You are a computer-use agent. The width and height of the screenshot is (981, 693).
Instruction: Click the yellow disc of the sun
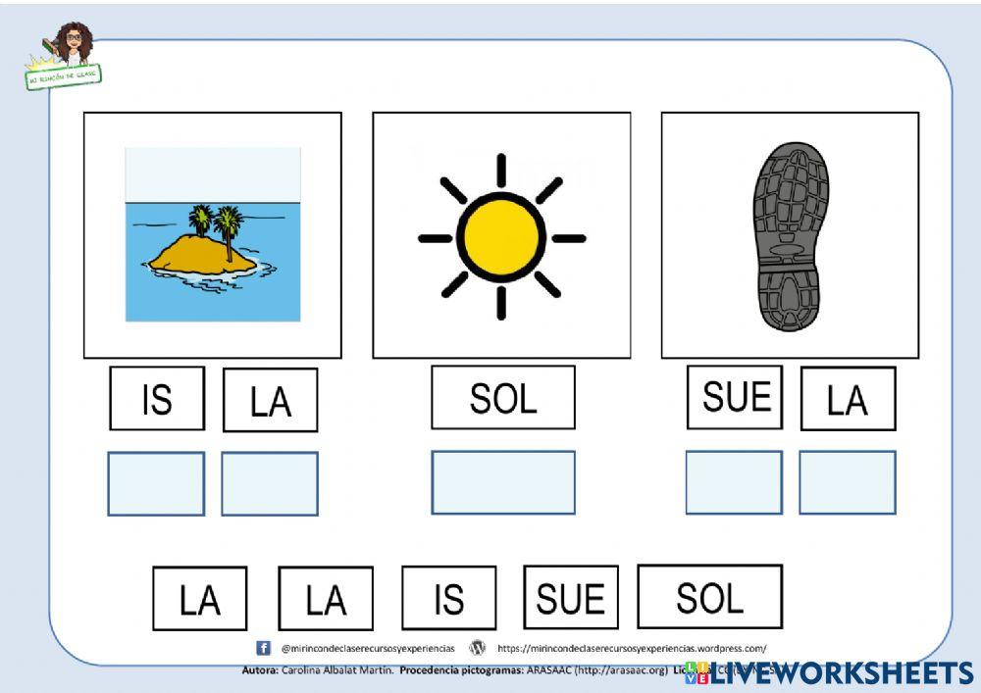click(500, 237)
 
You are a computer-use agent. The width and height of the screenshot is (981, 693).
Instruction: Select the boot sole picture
click(791, 236)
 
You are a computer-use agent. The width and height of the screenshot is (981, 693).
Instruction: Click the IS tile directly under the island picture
click(157, 398)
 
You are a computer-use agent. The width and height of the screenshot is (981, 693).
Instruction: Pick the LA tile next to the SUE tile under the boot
click(848, 399)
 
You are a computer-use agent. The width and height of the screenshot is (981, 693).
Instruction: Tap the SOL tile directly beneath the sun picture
click(502, 398)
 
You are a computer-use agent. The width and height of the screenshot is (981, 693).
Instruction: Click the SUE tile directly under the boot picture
click(734, 397)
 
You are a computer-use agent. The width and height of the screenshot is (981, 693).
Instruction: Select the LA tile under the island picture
click(270, 400)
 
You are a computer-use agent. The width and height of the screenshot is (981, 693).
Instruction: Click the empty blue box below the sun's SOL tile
click(502, 482)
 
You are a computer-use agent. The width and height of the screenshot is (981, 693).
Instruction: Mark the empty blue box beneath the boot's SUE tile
click(734, 482)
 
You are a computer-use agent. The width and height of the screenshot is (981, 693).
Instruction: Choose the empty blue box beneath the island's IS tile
click(156, 483)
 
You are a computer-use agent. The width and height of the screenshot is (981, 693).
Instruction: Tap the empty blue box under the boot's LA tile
click(848, 482)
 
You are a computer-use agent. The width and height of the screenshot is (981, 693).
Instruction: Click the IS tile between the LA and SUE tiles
click(448, 598)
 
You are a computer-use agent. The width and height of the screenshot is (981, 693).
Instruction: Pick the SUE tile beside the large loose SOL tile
click(571, 597)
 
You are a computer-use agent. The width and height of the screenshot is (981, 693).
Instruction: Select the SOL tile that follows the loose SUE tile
click(709, 596)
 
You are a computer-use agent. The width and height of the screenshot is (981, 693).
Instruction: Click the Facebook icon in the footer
click(263, 648)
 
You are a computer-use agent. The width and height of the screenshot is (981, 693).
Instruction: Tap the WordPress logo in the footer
click(478, 648)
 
